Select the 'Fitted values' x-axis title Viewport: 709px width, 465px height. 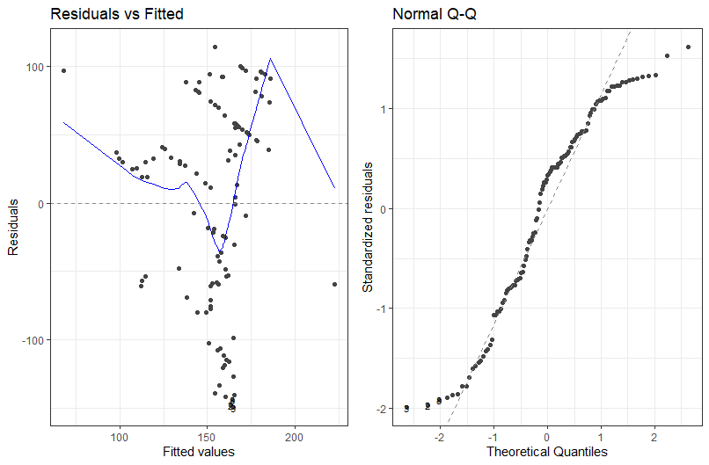198,452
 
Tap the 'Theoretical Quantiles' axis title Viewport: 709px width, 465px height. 547,452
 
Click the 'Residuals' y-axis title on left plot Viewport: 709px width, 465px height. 13,227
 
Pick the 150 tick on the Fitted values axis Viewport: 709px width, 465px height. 207,435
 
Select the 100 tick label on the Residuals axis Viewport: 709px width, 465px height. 36,67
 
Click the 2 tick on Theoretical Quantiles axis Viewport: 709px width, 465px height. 654,435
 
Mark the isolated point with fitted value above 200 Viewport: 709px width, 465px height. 334,284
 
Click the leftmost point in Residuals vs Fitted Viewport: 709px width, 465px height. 63,70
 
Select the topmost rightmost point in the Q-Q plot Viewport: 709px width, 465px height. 688,47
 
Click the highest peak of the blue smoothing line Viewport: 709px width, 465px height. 270,59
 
